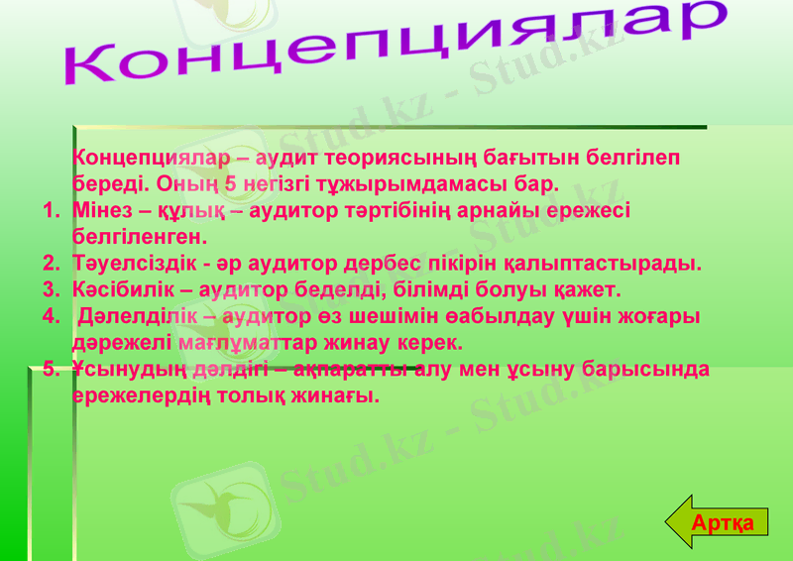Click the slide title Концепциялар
[x=396, y=45]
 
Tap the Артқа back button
[x=723, y=522]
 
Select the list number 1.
[x=50, y=211]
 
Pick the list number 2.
[x=50, y=265]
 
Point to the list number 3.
[x=50, y=290]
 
